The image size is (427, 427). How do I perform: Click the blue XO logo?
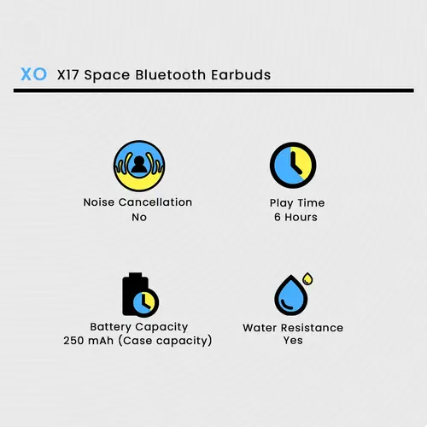[33, 74]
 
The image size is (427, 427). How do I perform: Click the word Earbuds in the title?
[241, 75]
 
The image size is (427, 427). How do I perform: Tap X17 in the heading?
[67, 75]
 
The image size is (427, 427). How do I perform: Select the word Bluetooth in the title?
[170, 75]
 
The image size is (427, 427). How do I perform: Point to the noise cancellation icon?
[139, 166]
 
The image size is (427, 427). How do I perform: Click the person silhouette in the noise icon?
[139, 165]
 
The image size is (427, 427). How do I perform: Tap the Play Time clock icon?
[293, 165]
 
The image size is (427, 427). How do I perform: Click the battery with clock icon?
[140, 295]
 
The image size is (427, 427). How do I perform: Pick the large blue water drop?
[291, 295]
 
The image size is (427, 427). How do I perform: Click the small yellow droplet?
[307, 278]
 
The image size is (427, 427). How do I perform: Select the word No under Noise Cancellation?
[139, 218]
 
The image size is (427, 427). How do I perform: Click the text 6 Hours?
[295, 217]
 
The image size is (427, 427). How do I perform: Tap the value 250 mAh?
[88, 341]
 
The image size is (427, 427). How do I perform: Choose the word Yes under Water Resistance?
[293, 340]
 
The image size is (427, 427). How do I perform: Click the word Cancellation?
[155, 202]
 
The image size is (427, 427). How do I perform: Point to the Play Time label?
[297, 203]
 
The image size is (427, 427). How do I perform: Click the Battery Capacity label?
[139, 327]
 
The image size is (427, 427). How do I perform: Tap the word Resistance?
[312, 328]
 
